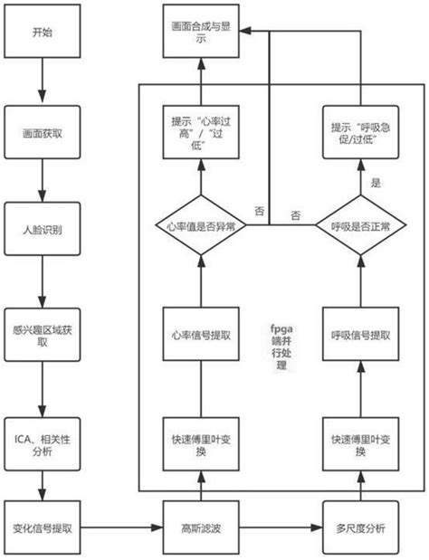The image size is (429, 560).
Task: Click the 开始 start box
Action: pos(43,33)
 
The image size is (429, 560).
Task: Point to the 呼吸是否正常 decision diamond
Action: pos(359,225)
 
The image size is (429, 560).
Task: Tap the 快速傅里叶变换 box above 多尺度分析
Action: pos(359,443)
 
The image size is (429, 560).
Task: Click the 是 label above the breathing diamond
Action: pos(376,182)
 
